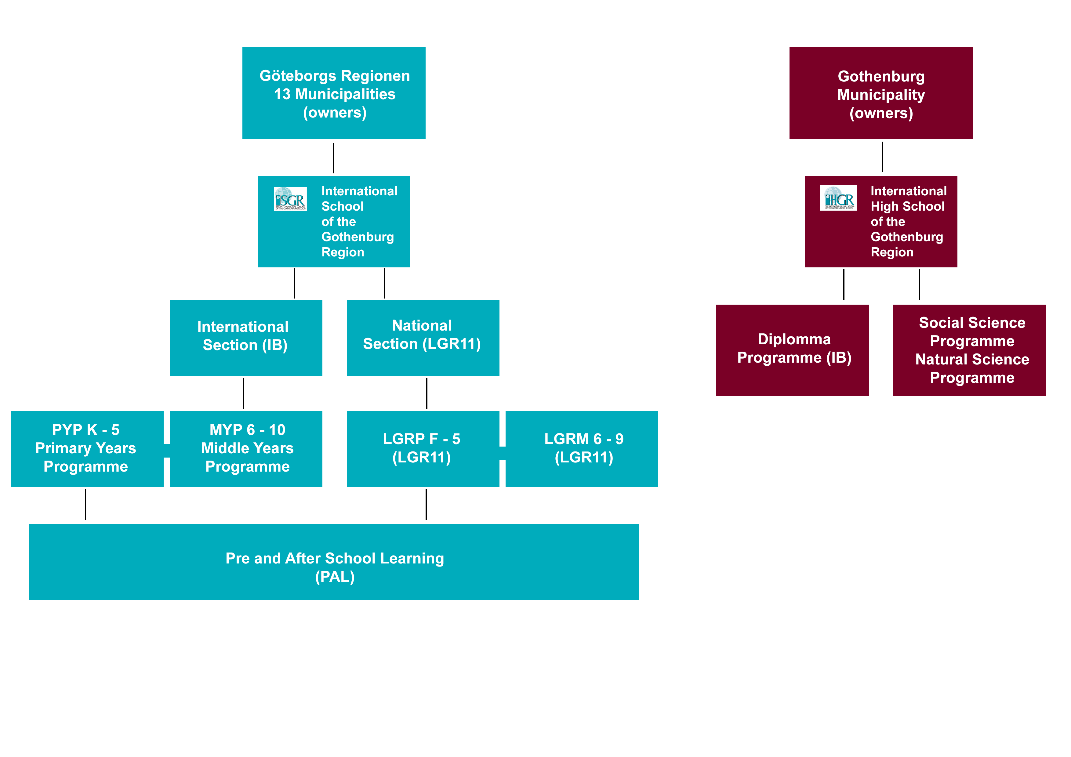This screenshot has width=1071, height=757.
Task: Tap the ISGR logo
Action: pos(290,199)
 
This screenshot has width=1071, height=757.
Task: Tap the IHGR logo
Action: pos(838,198)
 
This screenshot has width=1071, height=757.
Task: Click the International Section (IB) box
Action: pos(246,337)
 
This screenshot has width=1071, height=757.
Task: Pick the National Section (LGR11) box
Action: pos(423,337)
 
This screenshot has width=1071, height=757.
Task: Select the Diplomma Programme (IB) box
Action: pos(792,350)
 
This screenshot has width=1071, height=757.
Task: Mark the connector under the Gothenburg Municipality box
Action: pos(882,157)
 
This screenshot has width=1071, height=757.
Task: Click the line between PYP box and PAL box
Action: pos(85,504)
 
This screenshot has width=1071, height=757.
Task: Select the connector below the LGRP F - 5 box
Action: pos(426,504)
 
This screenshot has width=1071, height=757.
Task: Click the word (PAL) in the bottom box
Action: pos(334,577)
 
